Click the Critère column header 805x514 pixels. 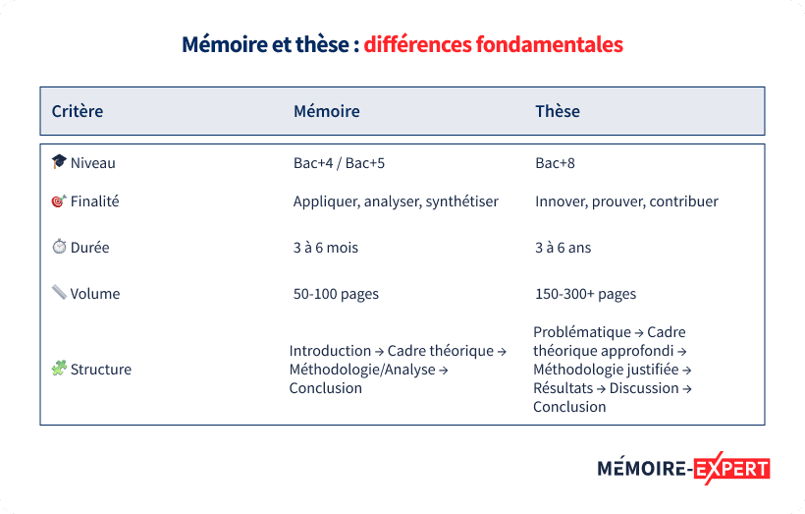78,111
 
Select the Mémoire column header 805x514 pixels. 327,111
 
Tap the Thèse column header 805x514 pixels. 558,111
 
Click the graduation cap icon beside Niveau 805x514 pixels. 59,162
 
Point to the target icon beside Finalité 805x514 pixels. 59,201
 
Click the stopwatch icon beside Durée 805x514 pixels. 59,248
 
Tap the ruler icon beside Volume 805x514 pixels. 59,293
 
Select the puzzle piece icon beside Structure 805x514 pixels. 59,370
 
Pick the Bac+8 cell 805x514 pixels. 555,163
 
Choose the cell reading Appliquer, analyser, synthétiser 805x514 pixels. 396,201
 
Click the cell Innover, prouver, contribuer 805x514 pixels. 626,201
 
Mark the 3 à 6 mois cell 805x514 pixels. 326,248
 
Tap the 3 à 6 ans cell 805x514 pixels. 563,248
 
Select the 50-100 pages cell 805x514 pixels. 336,294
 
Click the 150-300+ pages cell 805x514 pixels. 585,294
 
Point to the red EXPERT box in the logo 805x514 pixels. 731,469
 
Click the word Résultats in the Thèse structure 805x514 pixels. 563,388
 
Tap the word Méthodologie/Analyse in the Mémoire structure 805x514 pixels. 360,370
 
